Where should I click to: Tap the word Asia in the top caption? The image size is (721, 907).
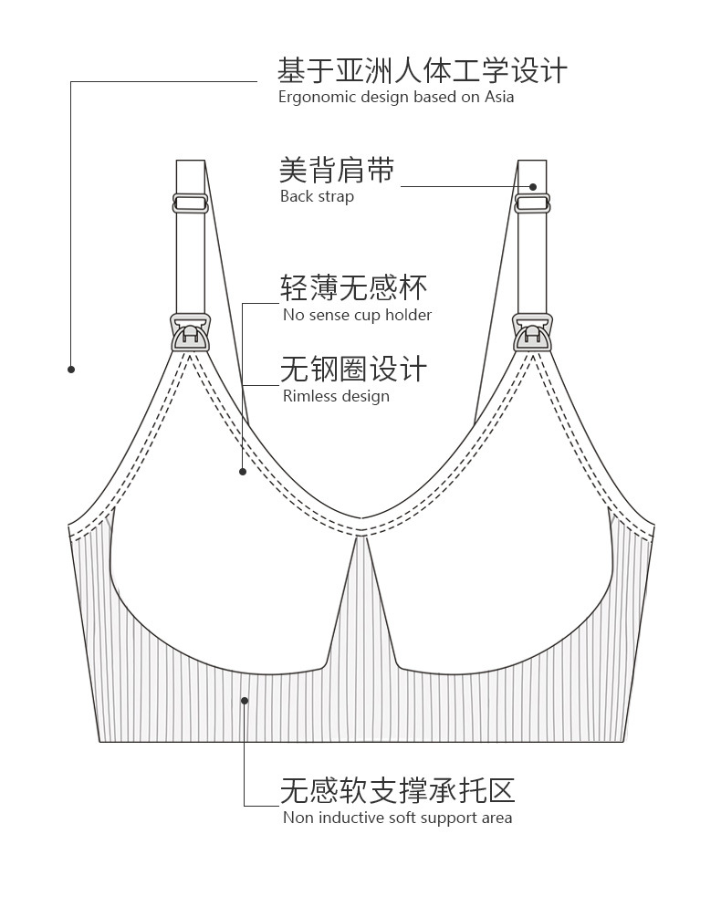[499, 97]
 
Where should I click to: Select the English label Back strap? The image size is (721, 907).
[317, 196]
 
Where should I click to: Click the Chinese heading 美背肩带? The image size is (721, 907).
[337, 170]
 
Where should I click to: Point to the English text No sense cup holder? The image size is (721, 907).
[357, 315]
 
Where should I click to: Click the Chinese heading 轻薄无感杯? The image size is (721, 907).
[353, 287]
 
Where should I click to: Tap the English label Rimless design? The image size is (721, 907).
[336, 396]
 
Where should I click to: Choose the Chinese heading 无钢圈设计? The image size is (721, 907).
[353, 370]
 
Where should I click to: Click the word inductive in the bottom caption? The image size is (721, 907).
[351, 818]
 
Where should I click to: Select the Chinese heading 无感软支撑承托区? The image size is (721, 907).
[398, 789]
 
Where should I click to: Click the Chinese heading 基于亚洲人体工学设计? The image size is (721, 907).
[423, 70]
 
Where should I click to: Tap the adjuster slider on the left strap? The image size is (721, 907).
[190, 203]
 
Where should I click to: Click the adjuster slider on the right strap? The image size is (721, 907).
[532, 203]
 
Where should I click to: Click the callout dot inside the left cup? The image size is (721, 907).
[243, 472]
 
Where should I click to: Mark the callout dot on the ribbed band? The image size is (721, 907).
[245, 701]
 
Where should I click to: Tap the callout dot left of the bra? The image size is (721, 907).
[71, 370]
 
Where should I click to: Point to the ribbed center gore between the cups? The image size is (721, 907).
[361, 611]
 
